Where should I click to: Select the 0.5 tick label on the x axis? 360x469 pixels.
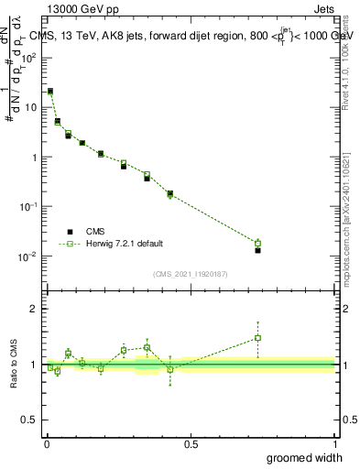click(x=191, y=444)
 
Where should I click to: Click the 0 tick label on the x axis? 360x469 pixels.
click(x=46, y=444)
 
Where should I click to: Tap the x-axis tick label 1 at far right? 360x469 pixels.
click(x=334, y=444)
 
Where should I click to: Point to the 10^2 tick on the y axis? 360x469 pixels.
click(x=30, y=57)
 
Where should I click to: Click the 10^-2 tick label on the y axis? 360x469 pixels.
click(x=30, y=256)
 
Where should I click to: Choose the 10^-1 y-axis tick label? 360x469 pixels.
click(x=30, y=207)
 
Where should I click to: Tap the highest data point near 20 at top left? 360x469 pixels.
click(x=49, y=92)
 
